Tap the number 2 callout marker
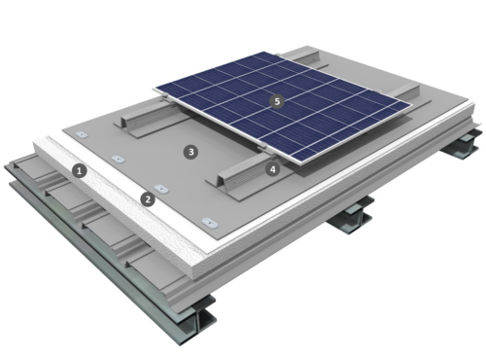tap(148, 198)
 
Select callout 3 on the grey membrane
tap(191, 152)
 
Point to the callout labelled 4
tap(273, 168)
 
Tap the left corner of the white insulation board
tap(35, 147)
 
